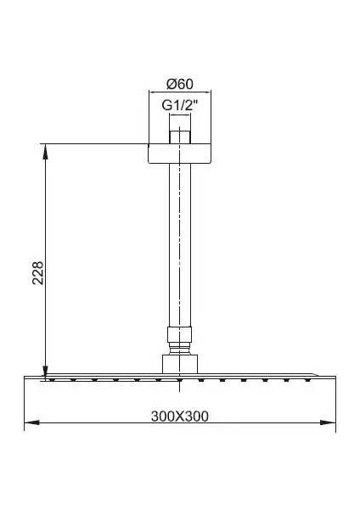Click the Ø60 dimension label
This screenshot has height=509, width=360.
click(x=180, y=84)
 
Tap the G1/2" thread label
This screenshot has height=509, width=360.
click(x=180, y=105)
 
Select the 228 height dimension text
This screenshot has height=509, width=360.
click(x=38, y=272)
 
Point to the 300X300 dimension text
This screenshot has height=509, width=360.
click(x=180, y=417)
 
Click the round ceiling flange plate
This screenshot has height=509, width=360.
click(x=180, y=154)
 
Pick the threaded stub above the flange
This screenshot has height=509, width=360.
click(x=180, y=137)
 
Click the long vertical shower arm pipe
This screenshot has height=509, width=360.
click(x=180, y=245)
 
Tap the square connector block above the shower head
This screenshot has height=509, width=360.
click(x=180, y=364)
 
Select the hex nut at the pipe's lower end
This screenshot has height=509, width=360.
click(x=180, y=334)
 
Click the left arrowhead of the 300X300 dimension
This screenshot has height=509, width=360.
click(x=32, y=422)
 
